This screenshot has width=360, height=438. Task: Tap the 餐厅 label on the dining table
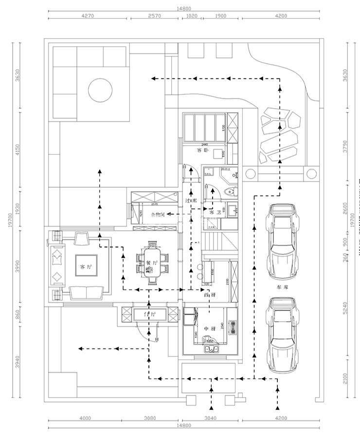click(x=151, y=263)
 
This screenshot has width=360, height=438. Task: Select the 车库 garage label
click(x=283, y=288)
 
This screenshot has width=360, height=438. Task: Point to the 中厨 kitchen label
click(x=210, y=329)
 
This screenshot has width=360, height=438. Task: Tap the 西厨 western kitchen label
click(x=210, y=295)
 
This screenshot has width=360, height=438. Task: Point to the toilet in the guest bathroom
click(x=231, y=190)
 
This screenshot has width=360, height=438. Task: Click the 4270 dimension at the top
click(x=87, y=16)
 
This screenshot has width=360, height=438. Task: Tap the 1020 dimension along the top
click(x=192, y=16)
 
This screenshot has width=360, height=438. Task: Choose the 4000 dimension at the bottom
click(x=84, y=418)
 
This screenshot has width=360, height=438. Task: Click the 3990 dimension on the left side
click(x=18, y=265)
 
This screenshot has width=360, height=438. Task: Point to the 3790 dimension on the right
click(x=346, y=146)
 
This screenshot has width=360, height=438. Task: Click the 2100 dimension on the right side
click(x=346, y=378)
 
